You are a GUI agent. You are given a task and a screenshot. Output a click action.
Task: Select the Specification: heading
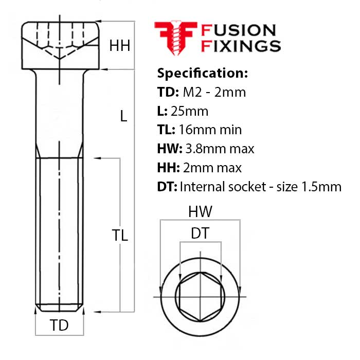pos(203,73)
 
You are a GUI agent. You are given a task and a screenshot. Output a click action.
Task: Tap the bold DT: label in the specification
pos(167,186)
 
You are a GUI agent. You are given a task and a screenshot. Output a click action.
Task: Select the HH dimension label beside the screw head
pos(120,46)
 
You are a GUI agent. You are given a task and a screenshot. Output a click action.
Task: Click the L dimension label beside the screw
pos(123,116)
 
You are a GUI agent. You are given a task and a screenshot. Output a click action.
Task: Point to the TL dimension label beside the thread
pos(120,236)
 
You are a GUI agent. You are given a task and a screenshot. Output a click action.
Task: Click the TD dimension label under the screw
pos(59,325)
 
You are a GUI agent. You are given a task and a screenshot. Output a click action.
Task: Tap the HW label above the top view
pos(200,211)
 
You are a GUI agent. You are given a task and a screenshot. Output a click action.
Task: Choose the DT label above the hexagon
pos(200,233)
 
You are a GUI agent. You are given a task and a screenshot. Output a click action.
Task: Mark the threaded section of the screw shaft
pos(60,231)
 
